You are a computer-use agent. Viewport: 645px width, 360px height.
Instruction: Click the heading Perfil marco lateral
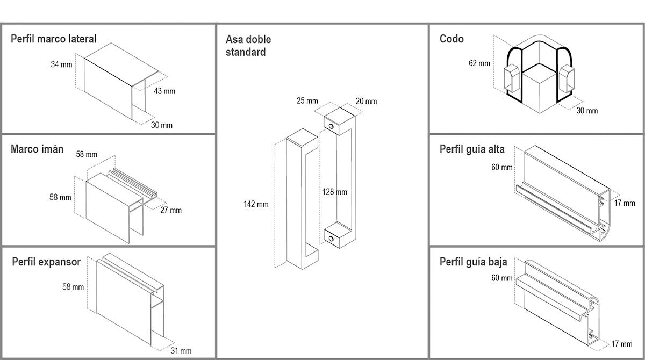54,39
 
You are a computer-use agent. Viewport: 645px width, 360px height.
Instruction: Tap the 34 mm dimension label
61,64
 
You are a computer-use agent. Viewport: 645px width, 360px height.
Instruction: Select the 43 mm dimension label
164,91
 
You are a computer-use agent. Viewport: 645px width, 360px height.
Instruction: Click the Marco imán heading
37,149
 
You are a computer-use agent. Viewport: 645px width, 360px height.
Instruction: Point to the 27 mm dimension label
171,210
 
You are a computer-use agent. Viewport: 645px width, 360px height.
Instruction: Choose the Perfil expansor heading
46,262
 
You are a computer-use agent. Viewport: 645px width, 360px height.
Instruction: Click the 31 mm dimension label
181,351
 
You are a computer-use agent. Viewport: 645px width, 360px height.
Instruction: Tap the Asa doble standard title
248,46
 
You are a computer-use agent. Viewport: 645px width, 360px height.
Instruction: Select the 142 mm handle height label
256,204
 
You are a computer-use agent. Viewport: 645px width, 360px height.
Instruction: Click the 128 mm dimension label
334,192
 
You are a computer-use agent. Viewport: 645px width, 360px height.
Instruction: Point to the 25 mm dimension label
307,101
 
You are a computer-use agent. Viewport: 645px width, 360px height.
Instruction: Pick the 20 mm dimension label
366,101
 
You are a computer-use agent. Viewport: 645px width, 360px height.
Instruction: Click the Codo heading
451,39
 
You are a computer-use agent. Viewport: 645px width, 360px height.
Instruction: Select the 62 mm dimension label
479,63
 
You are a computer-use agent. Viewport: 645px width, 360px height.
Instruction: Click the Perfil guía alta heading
472,149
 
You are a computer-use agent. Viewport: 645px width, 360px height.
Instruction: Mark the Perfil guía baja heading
473,262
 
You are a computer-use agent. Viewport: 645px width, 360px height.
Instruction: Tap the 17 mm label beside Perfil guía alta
624,203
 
